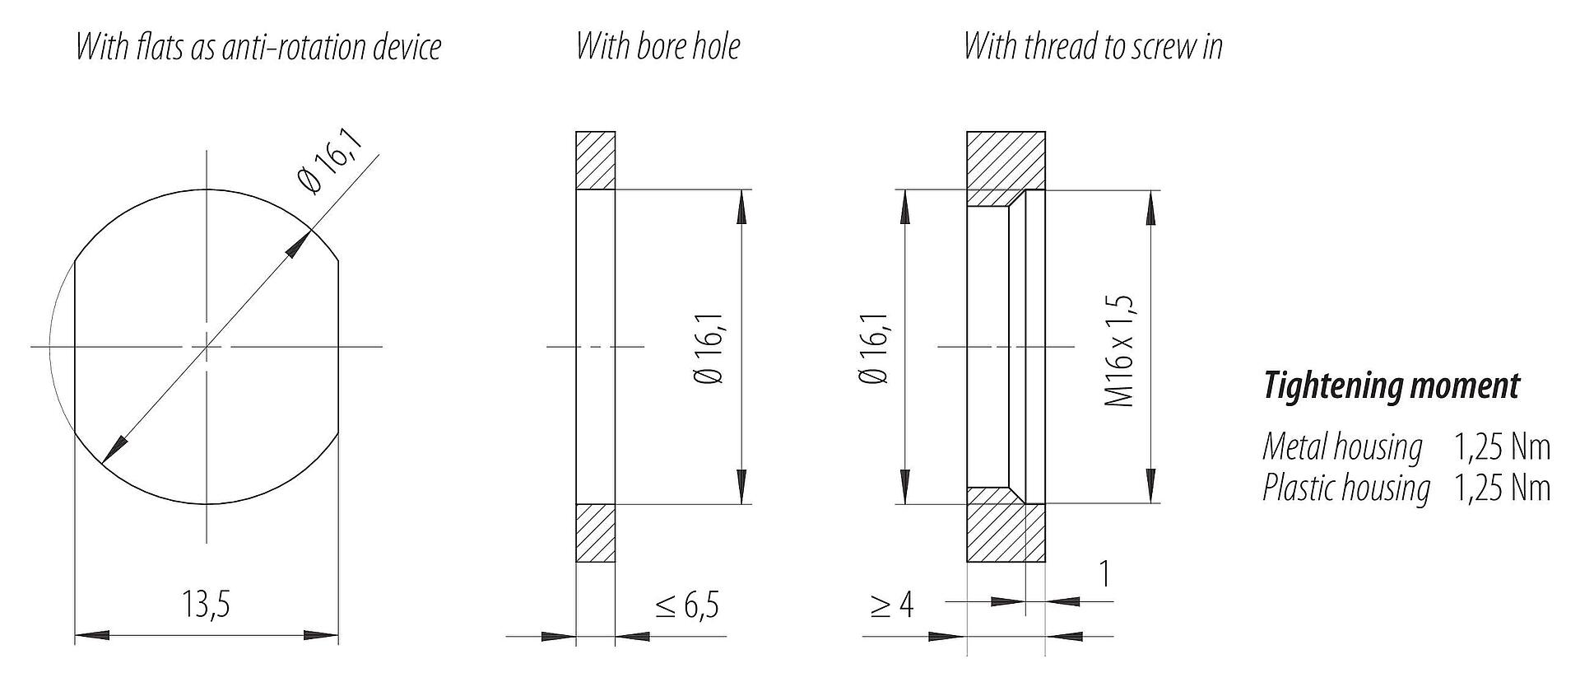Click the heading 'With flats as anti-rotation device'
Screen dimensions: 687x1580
pos(258,47)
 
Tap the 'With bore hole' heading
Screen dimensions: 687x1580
pos(658,46)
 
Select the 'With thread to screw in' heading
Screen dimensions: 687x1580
pos(1093,46)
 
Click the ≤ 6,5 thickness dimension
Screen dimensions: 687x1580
pos(687,605)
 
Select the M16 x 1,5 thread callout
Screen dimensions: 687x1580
pos(1121,350)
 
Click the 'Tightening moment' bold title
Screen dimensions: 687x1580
pos(1391,386)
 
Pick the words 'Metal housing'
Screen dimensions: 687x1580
pos(1342,447)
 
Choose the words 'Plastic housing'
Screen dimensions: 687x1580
pos(1346,488)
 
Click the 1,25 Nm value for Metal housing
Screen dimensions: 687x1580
pos(1502,447)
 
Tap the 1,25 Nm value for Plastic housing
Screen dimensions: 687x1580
pos(1502,488)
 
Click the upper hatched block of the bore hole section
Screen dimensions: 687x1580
pos(595,161)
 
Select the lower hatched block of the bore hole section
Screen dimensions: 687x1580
pos(595,533)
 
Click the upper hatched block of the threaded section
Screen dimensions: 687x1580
pos(1006,165)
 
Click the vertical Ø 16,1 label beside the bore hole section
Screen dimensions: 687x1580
pos(710,350)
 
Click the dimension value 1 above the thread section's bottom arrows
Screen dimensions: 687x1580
pos(1104,573)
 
